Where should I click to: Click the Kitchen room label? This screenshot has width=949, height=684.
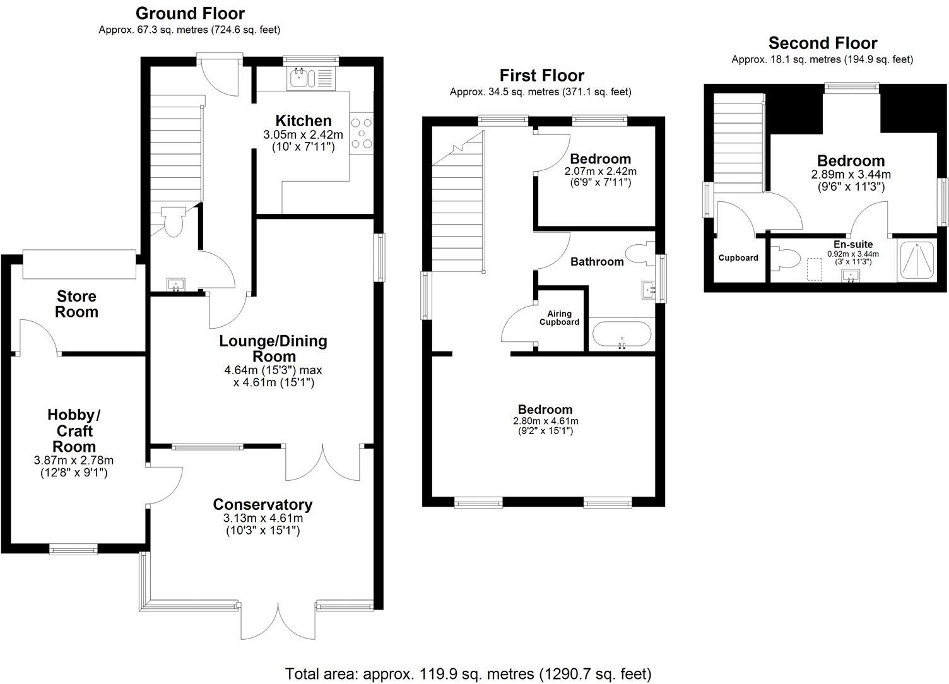click(303, 121)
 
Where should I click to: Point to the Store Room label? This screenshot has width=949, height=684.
click(77, 304)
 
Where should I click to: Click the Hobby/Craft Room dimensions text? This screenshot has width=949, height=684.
click(73, 466)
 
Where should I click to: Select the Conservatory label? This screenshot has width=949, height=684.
click(262, 504)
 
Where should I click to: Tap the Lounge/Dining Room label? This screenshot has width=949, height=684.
click(273, 348)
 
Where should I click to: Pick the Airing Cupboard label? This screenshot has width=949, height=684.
click(559, 317)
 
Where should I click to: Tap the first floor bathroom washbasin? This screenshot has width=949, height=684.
click(648, 290)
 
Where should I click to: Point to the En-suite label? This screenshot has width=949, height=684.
click(852, 244)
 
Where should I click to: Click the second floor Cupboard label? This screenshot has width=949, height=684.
click(738, 258)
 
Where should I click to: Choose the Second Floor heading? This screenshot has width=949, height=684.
click(822, 43)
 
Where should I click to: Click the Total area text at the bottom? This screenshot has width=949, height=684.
click(468, 673)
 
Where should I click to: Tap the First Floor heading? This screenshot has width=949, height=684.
click(541, 76)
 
